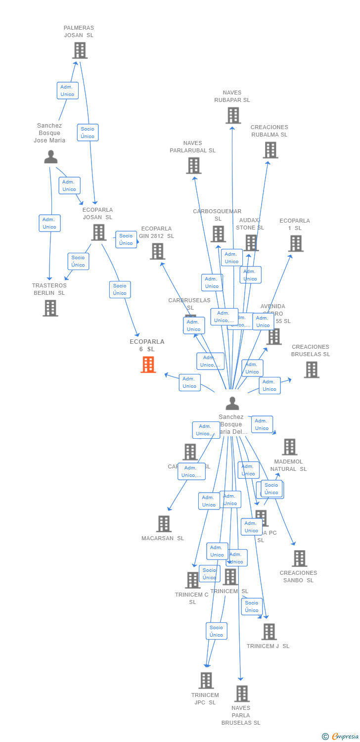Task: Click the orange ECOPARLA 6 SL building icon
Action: point(148,365)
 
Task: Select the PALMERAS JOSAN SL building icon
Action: point(80,50)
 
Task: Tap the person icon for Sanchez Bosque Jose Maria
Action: point(51,157)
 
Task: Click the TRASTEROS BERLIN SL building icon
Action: point(50,308)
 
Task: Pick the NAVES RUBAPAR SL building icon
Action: point(233,115)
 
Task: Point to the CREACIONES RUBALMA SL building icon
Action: point(270,150)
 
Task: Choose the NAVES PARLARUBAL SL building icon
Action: point(193,165)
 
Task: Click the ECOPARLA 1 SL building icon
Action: point(296,243)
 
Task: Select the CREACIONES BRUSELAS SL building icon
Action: point(311,370)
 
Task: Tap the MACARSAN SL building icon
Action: point(163,524)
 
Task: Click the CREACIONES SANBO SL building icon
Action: point(299,558)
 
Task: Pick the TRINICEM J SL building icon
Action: point(269,632)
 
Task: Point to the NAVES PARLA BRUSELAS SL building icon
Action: point(241,694)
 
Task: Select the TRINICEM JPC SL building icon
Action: point(206,680)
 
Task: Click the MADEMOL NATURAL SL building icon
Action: point(290,447)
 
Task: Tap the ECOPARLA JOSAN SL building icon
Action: point(98,232)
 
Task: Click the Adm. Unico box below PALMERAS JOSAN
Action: point(67,91)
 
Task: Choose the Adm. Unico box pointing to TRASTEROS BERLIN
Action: point(49,223)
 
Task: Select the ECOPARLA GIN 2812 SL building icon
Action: point(157,251)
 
